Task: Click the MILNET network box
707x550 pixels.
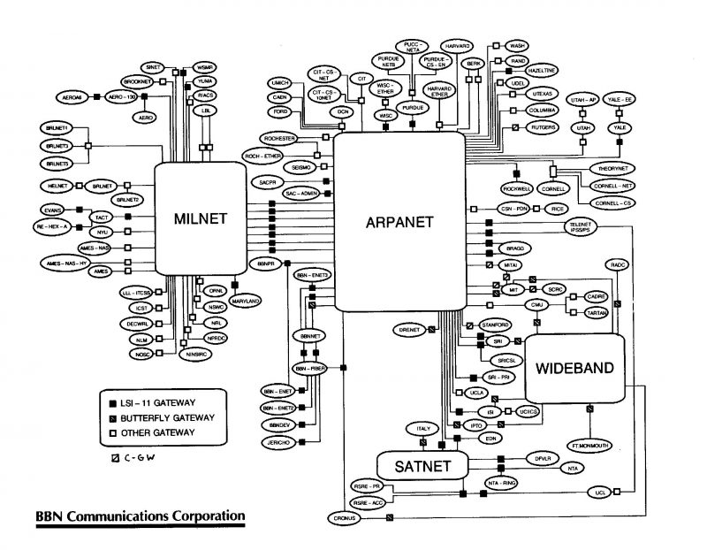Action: coord(201,218)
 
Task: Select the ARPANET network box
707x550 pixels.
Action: coord(399,221)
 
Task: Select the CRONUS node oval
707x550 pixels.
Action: coord(344,517)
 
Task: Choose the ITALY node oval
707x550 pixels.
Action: coord(423,429)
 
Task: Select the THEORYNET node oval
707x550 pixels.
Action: coord(609,168)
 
